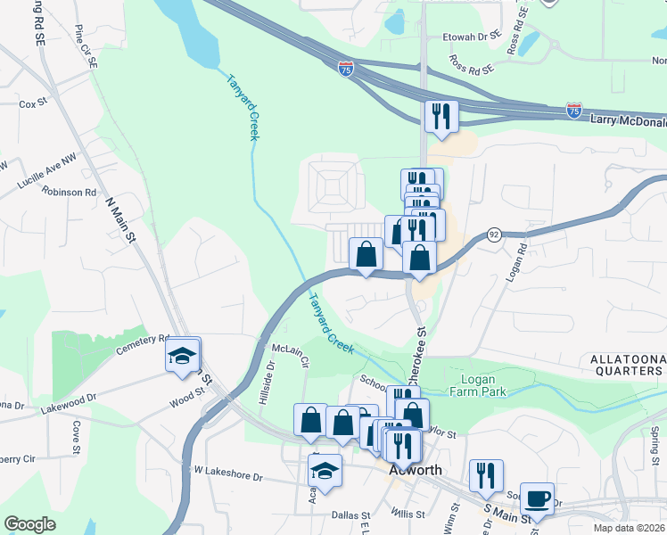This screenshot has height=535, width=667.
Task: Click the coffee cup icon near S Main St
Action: [538, 498]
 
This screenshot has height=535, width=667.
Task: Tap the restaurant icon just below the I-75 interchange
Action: [441, 117]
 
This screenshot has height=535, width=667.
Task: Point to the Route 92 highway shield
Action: [493, 235]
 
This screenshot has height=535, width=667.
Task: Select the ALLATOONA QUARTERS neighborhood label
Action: [628, 366]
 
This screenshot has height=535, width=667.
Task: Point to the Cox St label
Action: [33, 104]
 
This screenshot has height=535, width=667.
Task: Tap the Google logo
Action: [30, 523]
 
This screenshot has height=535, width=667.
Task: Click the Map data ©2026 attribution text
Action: [629, 528]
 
